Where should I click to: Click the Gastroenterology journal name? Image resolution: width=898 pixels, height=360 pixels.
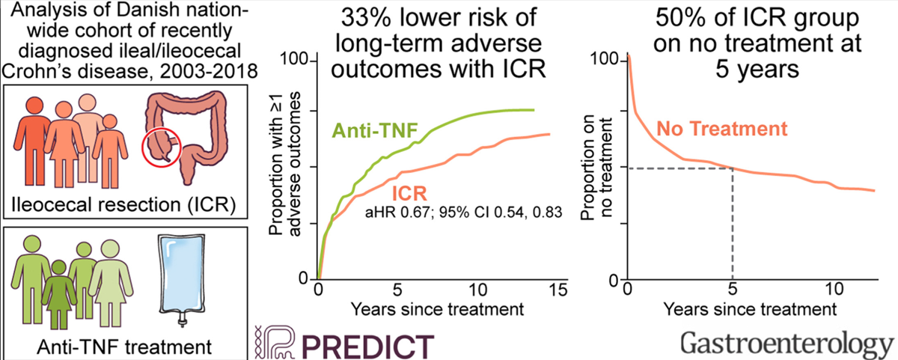click(787, 345)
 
